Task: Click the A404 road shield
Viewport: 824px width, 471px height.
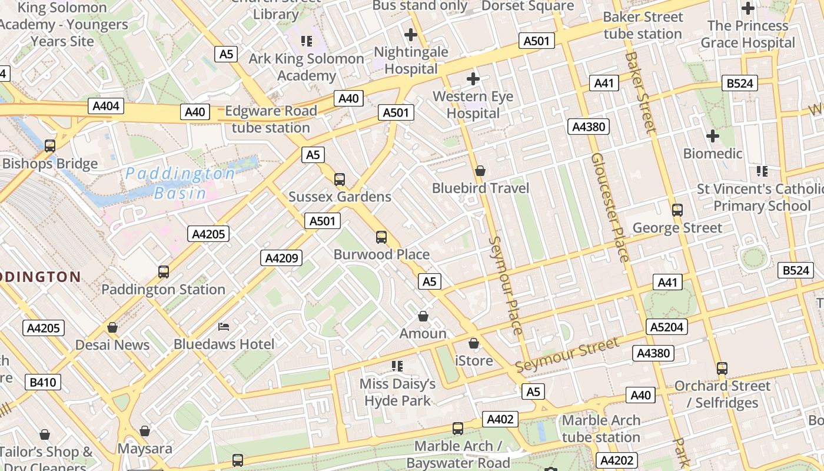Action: click(107, 106)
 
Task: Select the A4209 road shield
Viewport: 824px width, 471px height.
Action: click(281, 257)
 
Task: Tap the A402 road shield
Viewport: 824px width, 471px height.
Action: click(500, 419)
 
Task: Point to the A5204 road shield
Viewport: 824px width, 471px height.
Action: click(667, 327)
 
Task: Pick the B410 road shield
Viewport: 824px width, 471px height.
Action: click(43, 382)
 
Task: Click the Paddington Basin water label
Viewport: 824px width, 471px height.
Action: click(181, 183)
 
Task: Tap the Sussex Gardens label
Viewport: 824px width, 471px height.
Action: click(340, 197)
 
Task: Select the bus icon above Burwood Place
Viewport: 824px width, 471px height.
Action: click(381, 237)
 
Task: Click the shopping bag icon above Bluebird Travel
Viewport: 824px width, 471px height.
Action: click(480, 171)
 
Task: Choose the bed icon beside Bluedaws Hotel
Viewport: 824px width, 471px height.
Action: click(224, 326)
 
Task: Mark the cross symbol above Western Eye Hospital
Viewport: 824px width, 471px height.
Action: click(473, 79)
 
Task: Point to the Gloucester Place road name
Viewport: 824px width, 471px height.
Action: click(610, 207)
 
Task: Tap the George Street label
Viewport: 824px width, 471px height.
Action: click(677, 228)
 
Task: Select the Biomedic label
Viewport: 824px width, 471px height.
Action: click(712, 154)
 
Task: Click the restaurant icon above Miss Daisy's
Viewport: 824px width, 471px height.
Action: click(397, 366)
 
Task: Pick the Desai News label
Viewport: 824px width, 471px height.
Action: click(112, 345)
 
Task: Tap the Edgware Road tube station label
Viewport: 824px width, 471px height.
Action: click(271, 119)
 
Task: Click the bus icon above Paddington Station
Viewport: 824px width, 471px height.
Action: click(164, 272)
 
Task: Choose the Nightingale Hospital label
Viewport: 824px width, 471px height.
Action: click(411, 60)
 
